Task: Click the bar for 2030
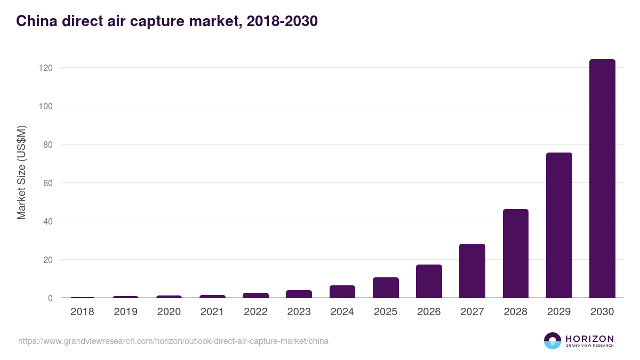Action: tap(602, 179)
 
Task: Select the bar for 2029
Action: tap(559, 225)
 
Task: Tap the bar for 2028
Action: tap(515, 253)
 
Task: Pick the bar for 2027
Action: tap(472, 271)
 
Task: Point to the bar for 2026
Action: tap(429, 281)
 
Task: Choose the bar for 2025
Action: tap(386, 287)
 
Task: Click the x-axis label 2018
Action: tap(82, 312)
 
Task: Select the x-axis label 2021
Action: tap(212, 312)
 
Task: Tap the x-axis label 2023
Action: tap(299, 312)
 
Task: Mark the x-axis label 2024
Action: tap(342, 312)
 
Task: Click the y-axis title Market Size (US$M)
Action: tap(21, 172)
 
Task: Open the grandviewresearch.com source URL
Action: tap(173, 341)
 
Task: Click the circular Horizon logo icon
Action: tap(553, 341)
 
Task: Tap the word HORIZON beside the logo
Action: tap(589, 339)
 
